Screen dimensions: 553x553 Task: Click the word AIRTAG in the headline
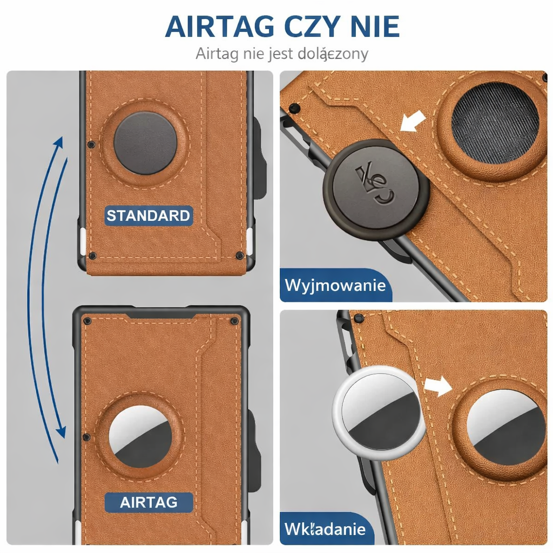tap(219, 26)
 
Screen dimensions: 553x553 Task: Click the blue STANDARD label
tap(149, 215)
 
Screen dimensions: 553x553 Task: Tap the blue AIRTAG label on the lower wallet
tap(149, 502)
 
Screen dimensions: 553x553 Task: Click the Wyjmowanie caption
tap(335, 285)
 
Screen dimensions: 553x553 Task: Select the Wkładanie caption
tap(325, 529)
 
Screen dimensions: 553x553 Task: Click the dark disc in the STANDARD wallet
tap(145, 143)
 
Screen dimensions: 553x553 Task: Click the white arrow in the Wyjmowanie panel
tap(413, 121)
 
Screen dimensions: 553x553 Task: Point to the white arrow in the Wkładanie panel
tap(438, 386)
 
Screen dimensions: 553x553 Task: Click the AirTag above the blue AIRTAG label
tap(140, 436)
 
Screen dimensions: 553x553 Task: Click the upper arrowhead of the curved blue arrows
tap(59, 142)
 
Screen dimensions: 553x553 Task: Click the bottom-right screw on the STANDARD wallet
tap(240, 255)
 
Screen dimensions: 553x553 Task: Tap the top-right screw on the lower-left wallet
tap(234, 321)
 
